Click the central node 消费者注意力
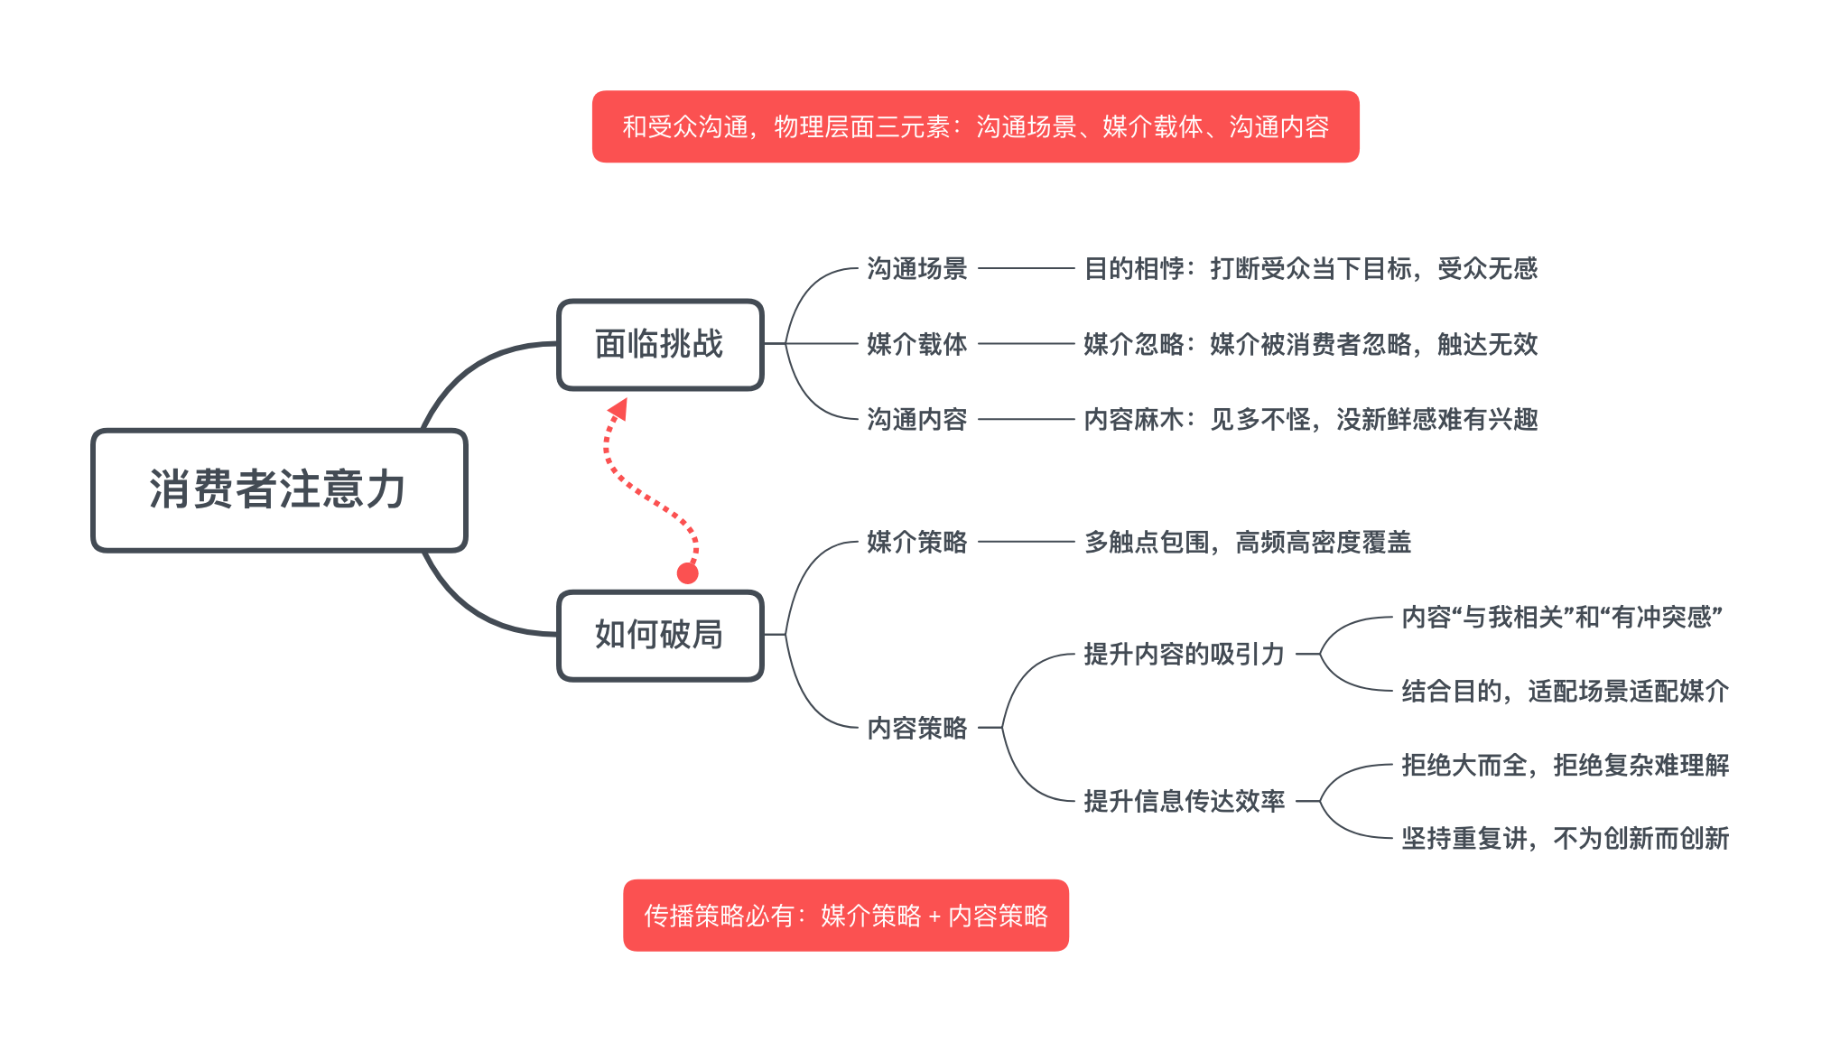279,489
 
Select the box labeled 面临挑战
660,344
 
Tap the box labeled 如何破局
660,635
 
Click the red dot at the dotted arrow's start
688,573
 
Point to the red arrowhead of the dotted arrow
619,409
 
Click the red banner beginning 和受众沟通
975,126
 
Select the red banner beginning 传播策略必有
845,916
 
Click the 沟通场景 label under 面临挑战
916,268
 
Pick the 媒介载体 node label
916,344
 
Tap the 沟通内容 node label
916,419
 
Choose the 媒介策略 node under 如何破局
916,542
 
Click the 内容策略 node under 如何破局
916,728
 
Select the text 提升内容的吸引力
1183,654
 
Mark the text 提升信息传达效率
1183,801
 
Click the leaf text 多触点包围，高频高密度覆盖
1247,542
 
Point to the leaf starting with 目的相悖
1310,268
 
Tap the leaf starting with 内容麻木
1310,419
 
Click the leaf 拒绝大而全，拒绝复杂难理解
1565,765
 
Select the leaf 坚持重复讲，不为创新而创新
1565,838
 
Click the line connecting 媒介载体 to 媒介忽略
1026,344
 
